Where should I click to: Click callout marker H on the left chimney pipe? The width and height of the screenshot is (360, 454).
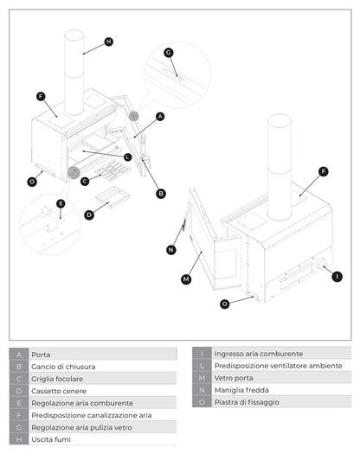click(108, 42)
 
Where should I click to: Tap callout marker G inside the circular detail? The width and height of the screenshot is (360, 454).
click(169, 52)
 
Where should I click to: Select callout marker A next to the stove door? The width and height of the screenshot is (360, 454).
click(160, 116)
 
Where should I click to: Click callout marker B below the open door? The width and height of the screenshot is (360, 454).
click(161, 194)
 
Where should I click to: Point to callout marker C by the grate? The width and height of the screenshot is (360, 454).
click(85, 181)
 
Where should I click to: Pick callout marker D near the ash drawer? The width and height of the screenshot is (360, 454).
click(89, 214)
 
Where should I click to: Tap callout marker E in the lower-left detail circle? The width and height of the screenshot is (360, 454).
click(61, 204)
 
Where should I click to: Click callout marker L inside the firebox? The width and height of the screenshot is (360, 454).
click(127, 157)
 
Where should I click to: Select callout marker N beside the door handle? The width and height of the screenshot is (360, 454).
click(170, 250)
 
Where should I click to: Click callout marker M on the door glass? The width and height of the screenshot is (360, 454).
click(185, 279)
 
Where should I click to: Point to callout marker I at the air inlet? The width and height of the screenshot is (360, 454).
click(337, 276)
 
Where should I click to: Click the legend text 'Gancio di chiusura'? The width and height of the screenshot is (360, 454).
click(63, 367)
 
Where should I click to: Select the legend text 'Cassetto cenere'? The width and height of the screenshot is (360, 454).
click(59, 391)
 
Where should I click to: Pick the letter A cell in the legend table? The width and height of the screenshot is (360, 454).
click(19, 355)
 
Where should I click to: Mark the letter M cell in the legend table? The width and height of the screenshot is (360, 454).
click(201, 378)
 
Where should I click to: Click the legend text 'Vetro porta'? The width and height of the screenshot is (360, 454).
click(235, 378)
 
